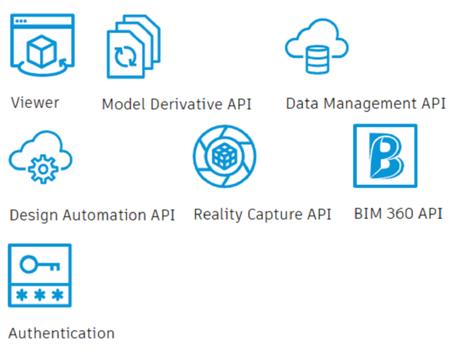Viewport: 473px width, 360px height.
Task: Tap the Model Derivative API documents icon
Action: coord(133,47)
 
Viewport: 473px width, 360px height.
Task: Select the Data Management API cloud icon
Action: coord(316,46)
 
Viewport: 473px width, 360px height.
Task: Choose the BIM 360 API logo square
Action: coord(385,155)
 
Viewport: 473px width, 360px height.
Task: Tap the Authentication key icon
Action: coord(39,275)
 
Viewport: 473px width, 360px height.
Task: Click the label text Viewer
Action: coord(35,102)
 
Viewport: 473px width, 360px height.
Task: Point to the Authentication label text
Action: coord(62,333)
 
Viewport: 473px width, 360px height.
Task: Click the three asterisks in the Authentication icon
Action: coord(39,295)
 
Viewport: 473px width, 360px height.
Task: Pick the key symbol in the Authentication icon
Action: coord(39,264)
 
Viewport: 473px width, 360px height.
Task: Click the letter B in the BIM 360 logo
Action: coord(385,156)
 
